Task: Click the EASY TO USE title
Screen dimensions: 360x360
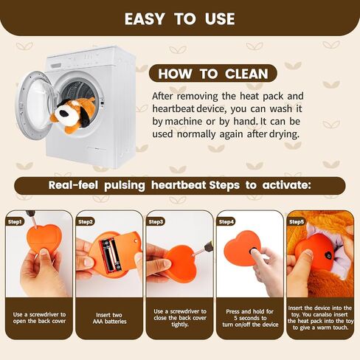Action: tap(180, 19)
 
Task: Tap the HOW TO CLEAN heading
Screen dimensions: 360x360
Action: tap(213, 74)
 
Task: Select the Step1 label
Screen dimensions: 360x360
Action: tap(15, 222)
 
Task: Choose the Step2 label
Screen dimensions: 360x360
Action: tap(86, 222)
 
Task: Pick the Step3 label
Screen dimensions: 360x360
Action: tap(156, 222)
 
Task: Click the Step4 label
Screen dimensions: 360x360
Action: tap(226, 222)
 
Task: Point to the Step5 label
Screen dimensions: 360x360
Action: tap(297, 222)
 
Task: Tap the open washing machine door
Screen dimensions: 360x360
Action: tap(36, 105)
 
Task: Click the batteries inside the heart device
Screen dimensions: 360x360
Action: tap(110, 255)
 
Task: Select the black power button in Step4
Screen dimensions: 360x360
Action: tap(253, 252)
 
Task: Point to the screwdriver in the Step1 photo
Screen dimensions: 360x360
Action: tap(32, 218)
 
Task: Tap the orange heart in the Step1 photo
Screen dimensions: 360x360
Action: tap(44, 238)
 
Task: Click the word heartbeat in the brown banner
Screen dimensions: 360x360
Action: tap(179, 185)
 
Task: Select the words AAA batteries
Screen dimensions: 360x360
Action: tap(110, 322)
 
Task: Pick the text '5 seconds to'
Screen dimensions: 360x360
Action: tap(250, 318)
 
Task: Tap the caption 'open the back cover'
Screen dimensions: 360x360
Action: tap(40, 321)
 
